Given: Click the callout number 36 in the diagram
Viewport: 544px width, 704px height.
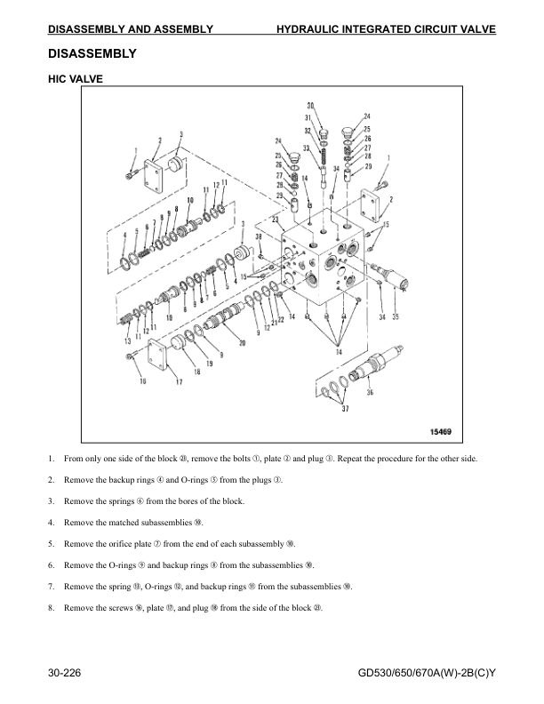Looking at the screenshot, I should pyautogui.click(x=369, y=392).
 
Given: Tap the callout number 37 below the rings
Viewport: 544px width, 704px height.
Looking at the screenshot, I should pyautogui.click(x=345, y=410).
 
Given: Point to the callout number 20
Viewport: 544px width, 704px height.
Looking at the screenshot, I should pyautogui.click(x=242, y=343).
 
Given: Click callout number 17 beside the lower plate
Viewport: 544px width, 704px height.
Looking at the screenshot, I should pyautogui.click(x=179, y=383).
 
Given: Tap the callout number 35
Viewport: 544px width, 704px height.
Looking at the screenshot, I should pyautogui.click(x=396, y=316).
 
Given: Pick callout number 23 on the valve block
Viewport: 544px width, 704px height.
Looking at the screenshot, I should pyautogui.click(x=276, y=219).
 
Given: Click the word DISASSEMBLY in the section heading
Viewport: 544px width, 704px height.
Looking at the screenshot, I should pyautogui.click(x=92, y=53).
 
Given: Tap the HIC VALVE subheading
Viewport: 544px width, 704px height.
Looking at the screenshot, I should pyautogui.click(x=76, y=79).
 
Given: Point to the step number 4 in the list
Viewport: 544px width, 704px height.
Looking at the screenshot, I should pyautogui.click(x=52, y=521).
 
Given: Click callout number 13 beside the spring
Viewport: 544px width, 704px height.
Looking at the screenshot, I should pyautogui.click(x=126, y=341).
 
